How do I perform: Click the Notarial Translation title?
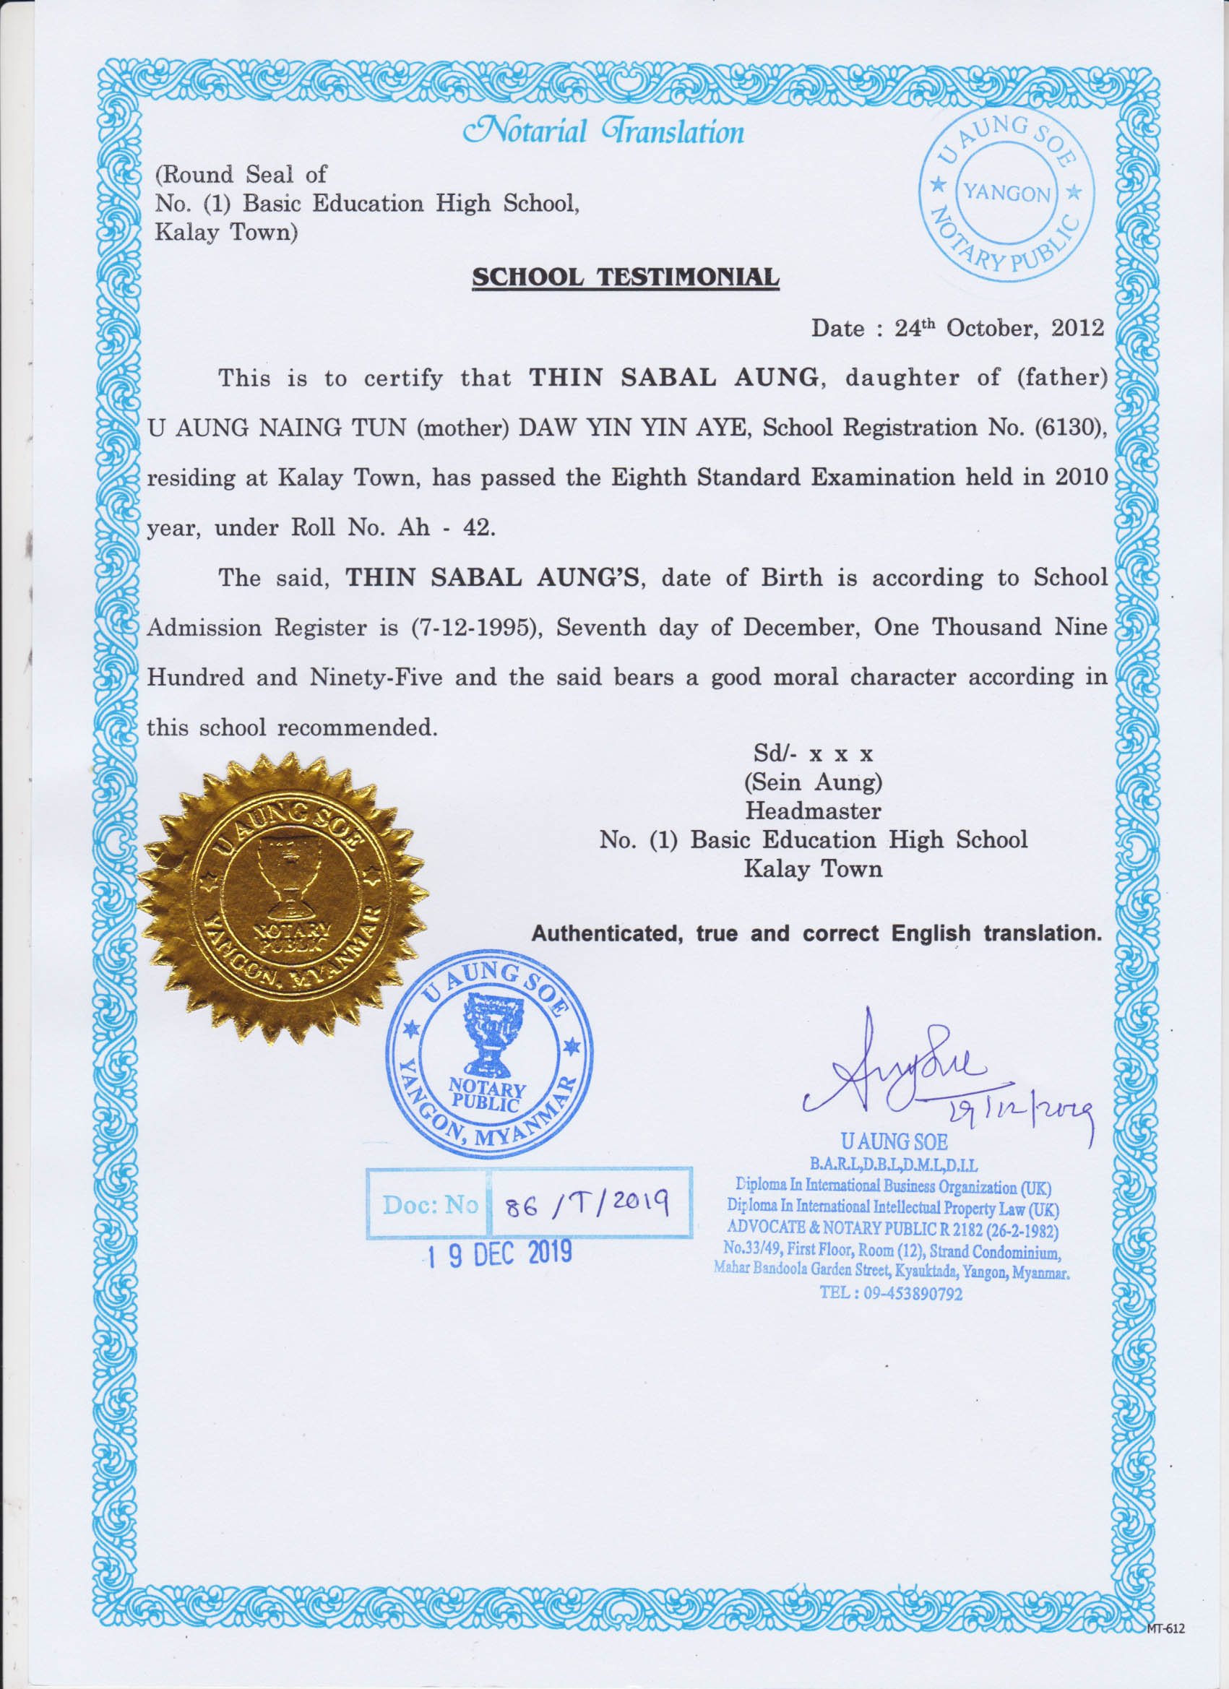click(x=603, y=131)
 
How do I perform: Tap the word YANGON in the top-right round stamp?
click(x=1006, y=194)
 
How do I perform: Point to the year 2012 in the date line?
click(x=1077, y=329)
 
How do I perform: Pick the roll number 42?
click(x=478, y=528)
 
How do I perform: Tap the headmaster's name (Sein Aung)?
click(x=813, y=782)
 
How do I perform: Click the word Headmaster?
click(x=813, y=811)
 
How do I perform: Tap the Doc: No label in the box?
click(x=429, y=1204)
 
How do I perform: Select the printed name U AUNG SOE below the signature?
click(x=894, y=1141)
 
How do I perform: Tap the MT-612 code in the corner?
click(x=1166, y=1628)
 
